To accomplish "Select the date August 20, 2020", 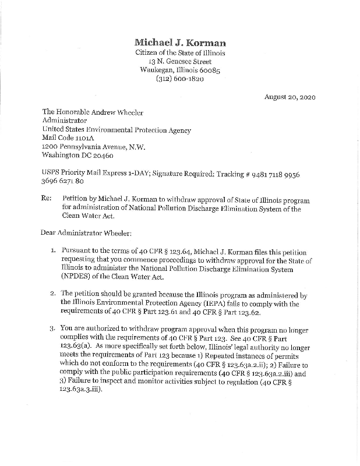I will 289,97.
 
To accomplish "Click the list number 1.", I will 52,249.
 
